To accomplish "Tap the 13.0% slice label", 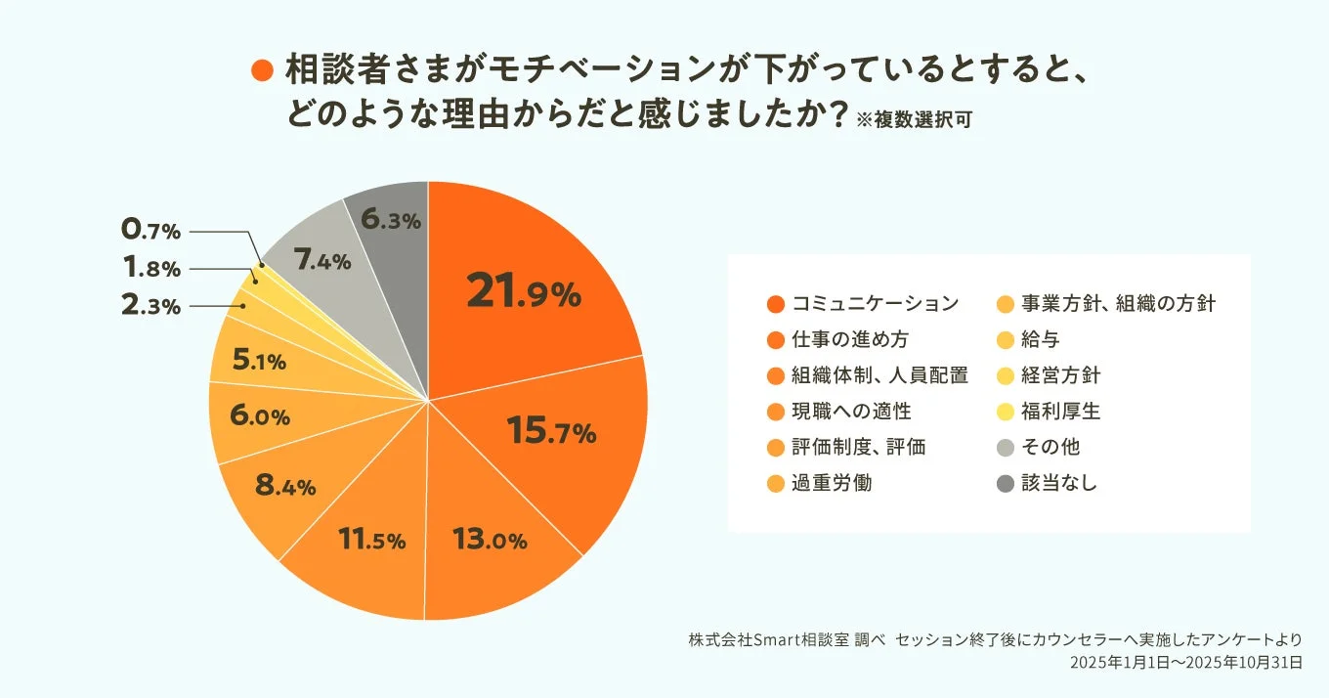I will coord(490,539).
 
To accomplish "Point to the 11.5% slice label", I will coord(371,539).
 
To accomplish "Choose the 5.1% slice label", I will coord(259,362).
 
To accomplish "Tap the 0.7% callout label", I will coord(150,232).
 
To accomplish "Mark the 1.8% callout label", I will coord(150,269).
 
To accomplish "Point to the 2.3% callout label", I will coord(150,306).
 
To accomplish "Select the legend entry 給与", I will coord(1041,339).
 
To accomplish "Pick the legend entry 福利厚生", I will coord(1060,412).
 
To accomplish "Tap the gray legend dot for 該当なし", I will coord(1004,484).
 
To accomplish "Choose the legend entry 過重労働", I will coord(832,484).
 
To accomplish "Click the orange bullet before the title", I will coord(262,70).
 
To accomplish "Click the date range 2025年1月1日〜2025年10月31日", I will coord(1185,662).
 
